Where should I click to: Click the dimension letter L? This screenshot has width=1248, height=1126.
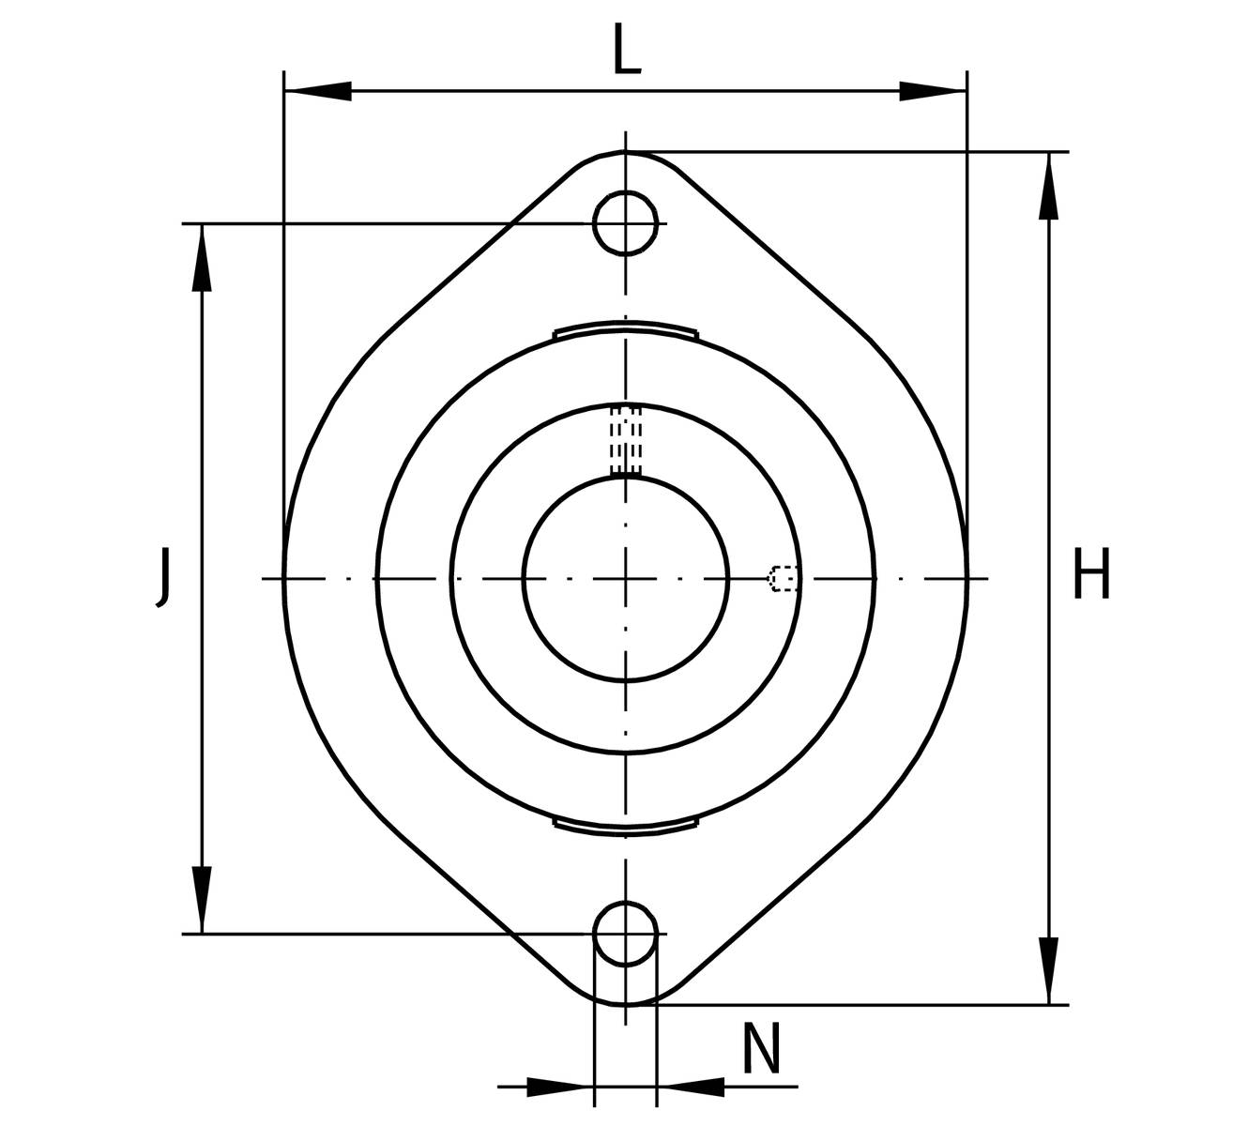click(x=627, y=49)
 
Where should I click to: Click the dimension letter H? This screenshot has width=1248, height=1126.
click(x=1092, y=573)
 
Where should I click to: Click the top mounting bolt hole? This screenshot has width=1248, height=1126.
click(x=625, y=223)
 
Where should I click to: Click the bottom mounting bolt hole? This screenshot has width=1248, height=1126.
click(x=625, y=934)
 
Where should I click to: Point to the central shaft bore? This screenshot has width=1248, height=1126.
click(x=625, y=579)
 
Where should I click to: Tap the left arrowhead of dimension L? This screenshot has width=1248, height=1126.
click(x=318, y=91)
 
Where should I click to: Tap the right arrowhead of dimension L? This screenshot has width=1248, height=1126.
click(x=934, y=91)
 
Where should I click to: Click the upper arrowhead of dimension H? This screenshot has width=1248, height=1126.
click(x=1049, y=186)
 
